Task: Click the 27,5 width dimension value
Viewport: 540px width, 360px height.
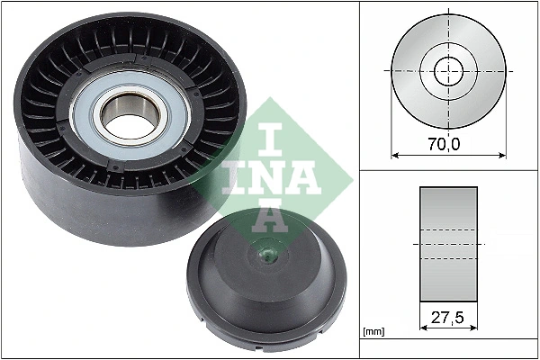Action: click(x=448, y=317)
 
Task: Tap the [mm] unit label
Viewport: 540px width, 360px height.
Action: click(x=373, y=332)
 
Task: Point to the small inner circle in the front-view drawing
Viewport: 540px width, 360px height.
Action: click(x=448, y=70)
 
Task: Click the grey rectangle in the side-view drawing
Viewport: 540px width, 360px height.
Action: click(x=448, y=244)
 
